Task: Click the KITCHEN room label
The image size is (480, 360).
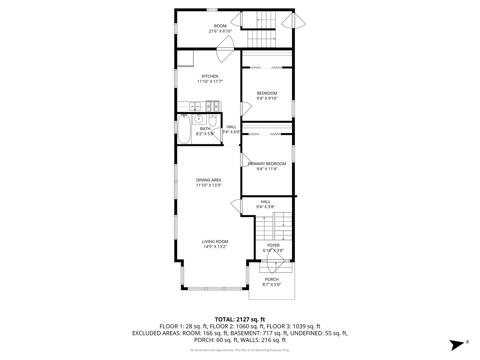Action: click(x=210, y=76)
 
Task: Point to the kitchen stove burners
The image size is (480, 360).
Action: click(x=213, y=106)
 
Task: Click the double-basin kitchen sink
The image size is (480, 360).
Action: click(x=195, y=106)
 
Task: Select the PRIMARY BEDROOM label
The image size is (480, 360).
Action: click(x=267, y=164)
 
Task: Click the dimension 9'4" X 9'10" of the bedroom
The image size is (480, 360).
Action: click(x=267, y=98)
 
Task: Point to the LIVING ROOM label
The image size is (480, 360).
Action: click(x=215, y=242)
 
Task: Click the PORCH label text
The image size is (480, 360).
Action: click(x=272, y=279)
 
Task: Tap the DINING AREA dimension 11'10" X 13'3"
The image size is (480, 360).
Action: click(x=209, y=185)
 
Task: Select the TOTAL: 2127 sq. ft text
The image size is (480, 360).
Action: click(x=240, y=319)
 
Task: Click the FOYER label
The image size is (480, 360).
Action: click(x=273, y=245)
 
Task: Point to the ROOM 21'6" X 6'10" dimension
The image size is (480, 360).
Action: click(x=220, y=31)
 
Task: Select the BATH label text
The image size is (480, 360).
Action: click(x=205, y=129)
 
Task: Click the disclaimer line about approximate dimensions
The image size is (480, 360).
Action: click(x=240, y=350)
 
